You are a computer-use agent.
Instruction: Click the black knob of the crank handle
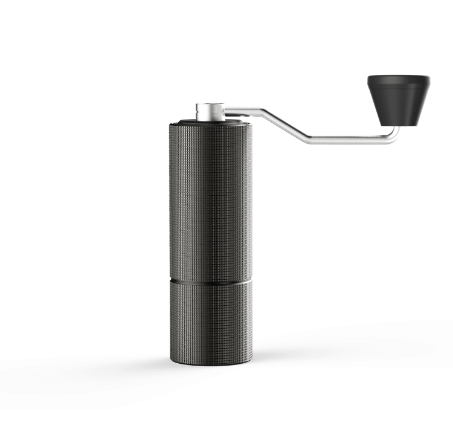tap(398, 100)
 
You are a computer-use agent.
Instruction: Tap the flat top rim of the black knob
tap(399, 79)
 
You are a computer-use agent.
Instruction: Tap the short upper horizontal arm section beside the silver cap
tap(242, 111)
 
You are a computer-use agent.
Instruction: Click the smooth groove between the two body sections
tap(210, 280)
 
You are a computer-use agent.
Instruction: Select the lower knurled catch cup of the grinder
tap(210, 320)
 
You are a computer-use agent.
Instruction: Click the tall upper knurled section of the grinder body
tap(210, 199)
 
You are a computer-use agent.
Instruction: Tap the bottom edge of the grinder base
tap(210, 364)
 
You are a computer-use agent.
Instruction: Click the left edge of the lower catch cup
tap(171, 320)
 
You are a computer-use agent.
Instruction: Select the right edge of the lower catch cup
tap(251, 320)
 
